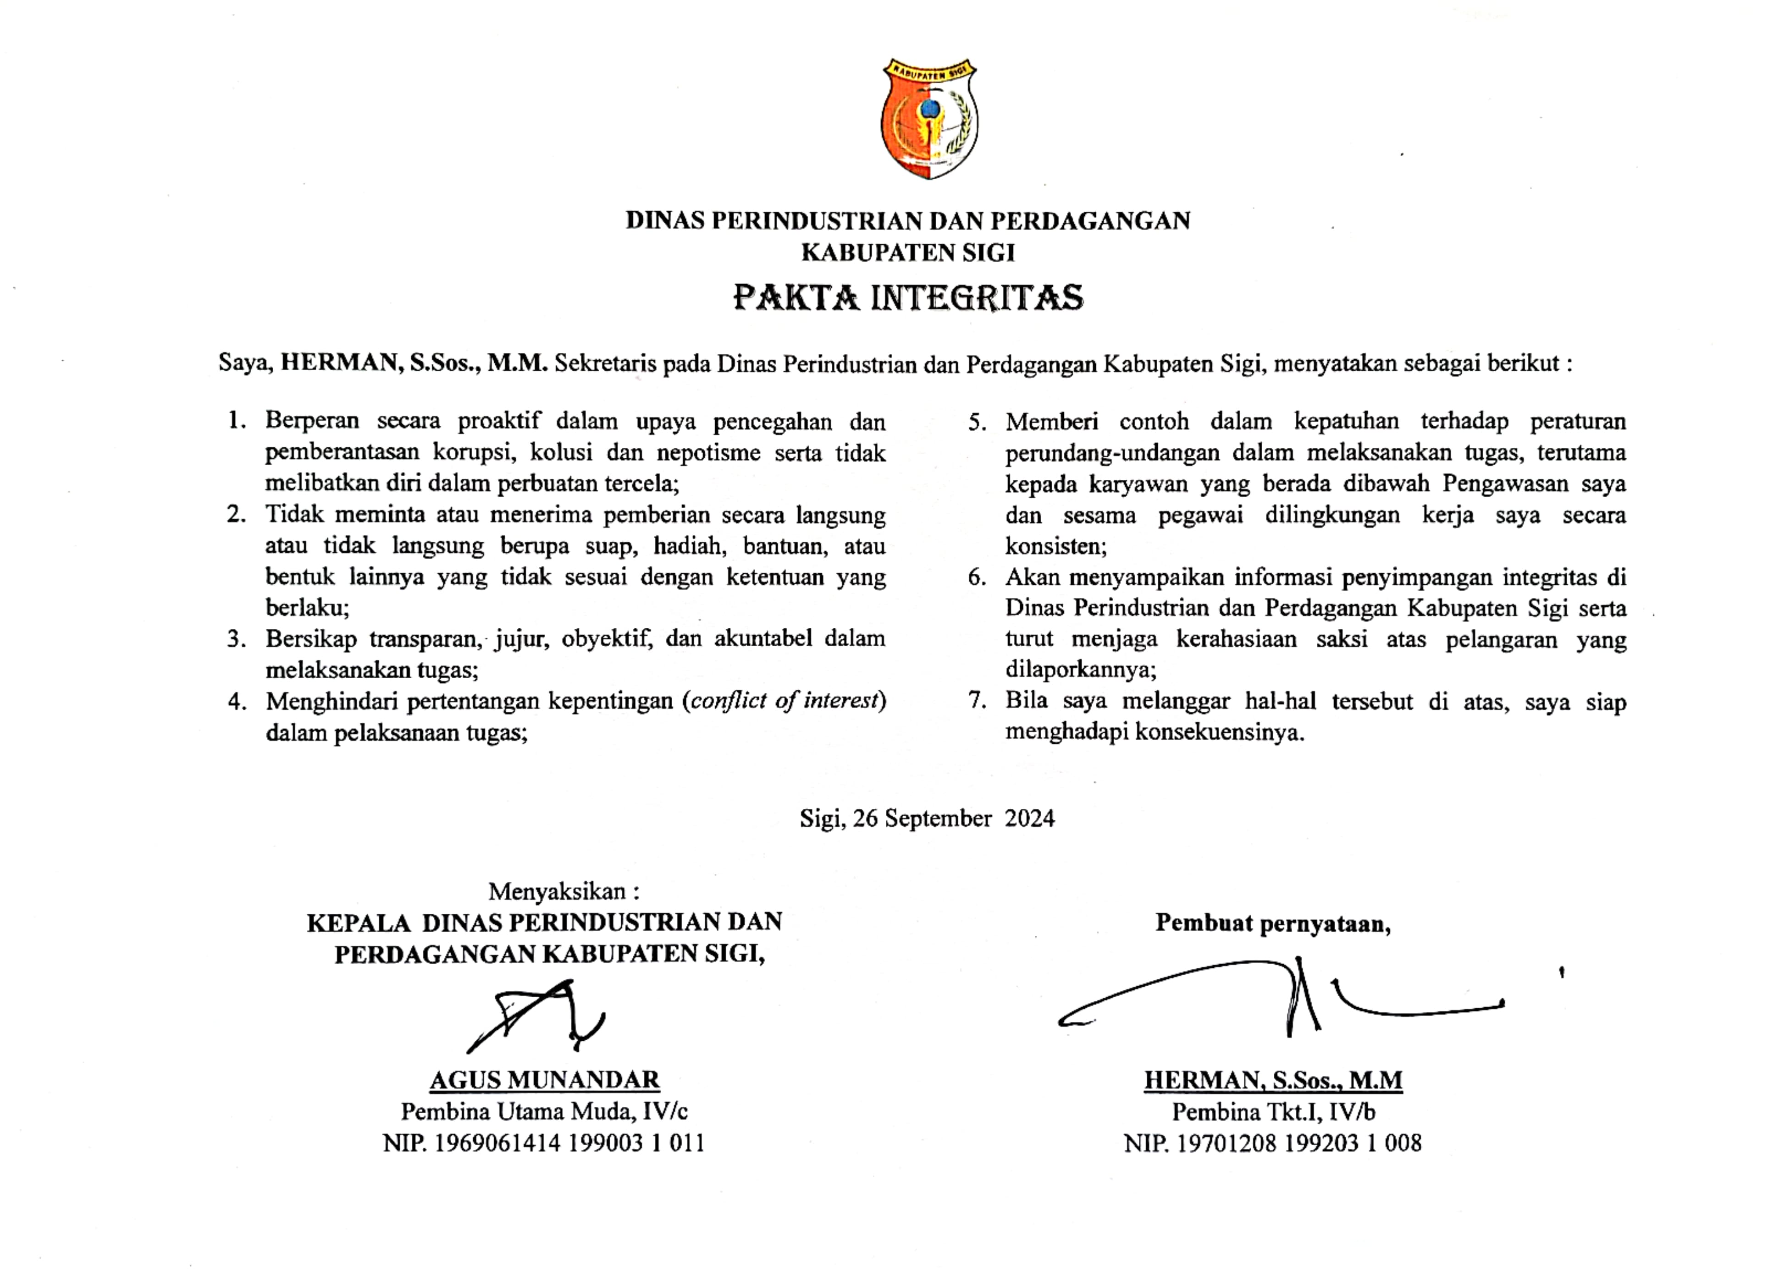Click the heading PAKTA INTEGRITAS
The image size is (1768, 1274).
908,298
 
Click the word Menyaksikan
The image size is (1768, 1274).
558,891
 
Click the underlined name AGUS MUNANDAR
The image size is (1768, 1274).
545,1080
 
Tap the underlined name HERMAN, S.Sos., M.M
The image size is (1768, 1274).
1273,1080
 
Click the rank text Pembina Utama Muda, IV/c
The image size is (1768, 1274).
544,1111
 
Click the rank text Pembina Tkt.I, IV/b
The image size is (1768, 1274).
1273,1111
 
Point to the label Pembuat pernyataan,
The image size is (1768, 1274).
1273,923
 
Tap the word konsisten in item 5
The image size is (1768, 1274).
1054,546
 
